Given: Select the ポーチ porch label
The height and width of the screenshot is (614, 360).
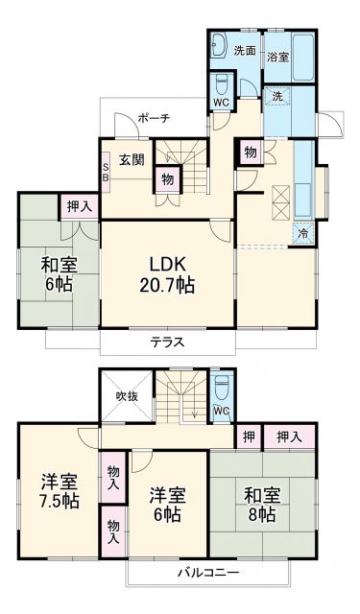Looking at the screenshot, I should [x=153, y=118].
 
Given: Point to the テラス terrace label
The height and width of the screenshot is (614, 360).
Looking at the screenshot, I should [x=166, y=342].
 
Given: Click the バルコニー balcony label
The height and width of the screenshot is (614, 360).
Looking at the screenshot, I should [x=207, y=573].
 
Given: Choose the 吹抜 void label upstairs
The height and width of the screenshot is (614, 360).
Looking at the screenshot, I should [x=129, y=394].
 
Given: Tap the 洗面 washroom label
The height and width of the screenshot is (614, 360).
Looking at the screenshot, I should [x=245, y=50].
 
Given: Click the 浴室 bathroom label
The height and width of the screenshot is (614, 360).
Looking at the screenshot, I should [x=278, y=57].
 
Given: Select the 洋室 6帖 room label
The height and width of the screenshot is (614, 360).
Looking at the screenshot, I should [x=167, y=505].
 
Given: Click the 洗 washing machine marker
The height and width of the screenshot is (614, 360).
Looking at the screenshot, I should [x=276, y=97].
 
